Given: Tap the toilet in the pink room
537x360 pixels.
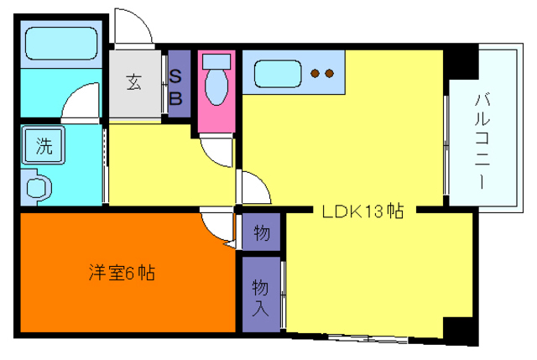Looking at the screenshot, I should (x=218, y=87).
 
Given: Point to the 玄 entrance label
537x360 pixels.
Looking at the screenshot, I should (x=134, y=82).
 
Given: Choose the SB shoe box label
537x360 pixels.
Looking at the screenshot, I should (x=176, y=86).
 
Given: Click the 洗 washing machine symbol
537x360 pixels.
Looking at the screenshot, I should (x=43, y=146).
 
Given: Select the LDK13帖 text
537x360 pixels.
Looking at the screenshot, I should (x=363, y=212).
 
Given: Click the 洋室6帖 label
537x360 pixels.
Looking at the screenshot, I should (x=123, y=273).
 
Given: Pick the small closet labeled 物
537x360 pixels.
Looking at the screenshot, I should (x=261, y=232).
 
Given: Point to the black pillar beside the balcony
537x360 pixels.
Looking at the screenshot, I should (x=460, y=64).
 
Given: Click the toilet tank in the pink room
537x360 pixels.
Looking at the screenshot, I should (x=217, y=61).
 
